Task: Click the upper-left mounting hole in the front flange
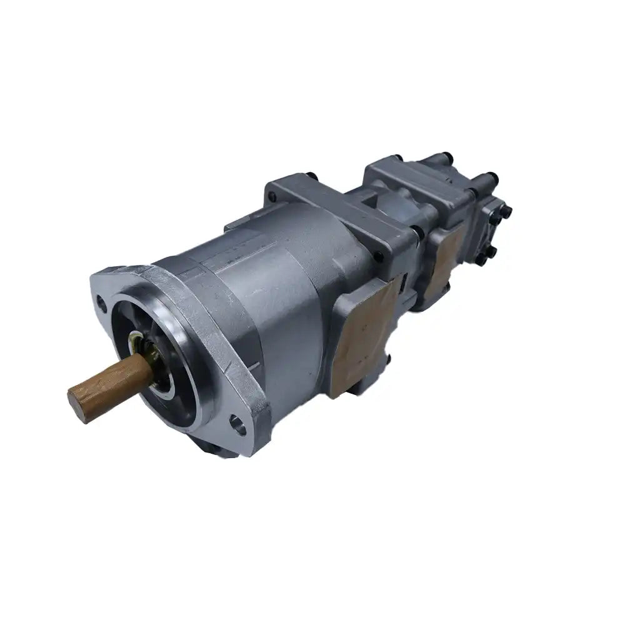click(x=102, y=306)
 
